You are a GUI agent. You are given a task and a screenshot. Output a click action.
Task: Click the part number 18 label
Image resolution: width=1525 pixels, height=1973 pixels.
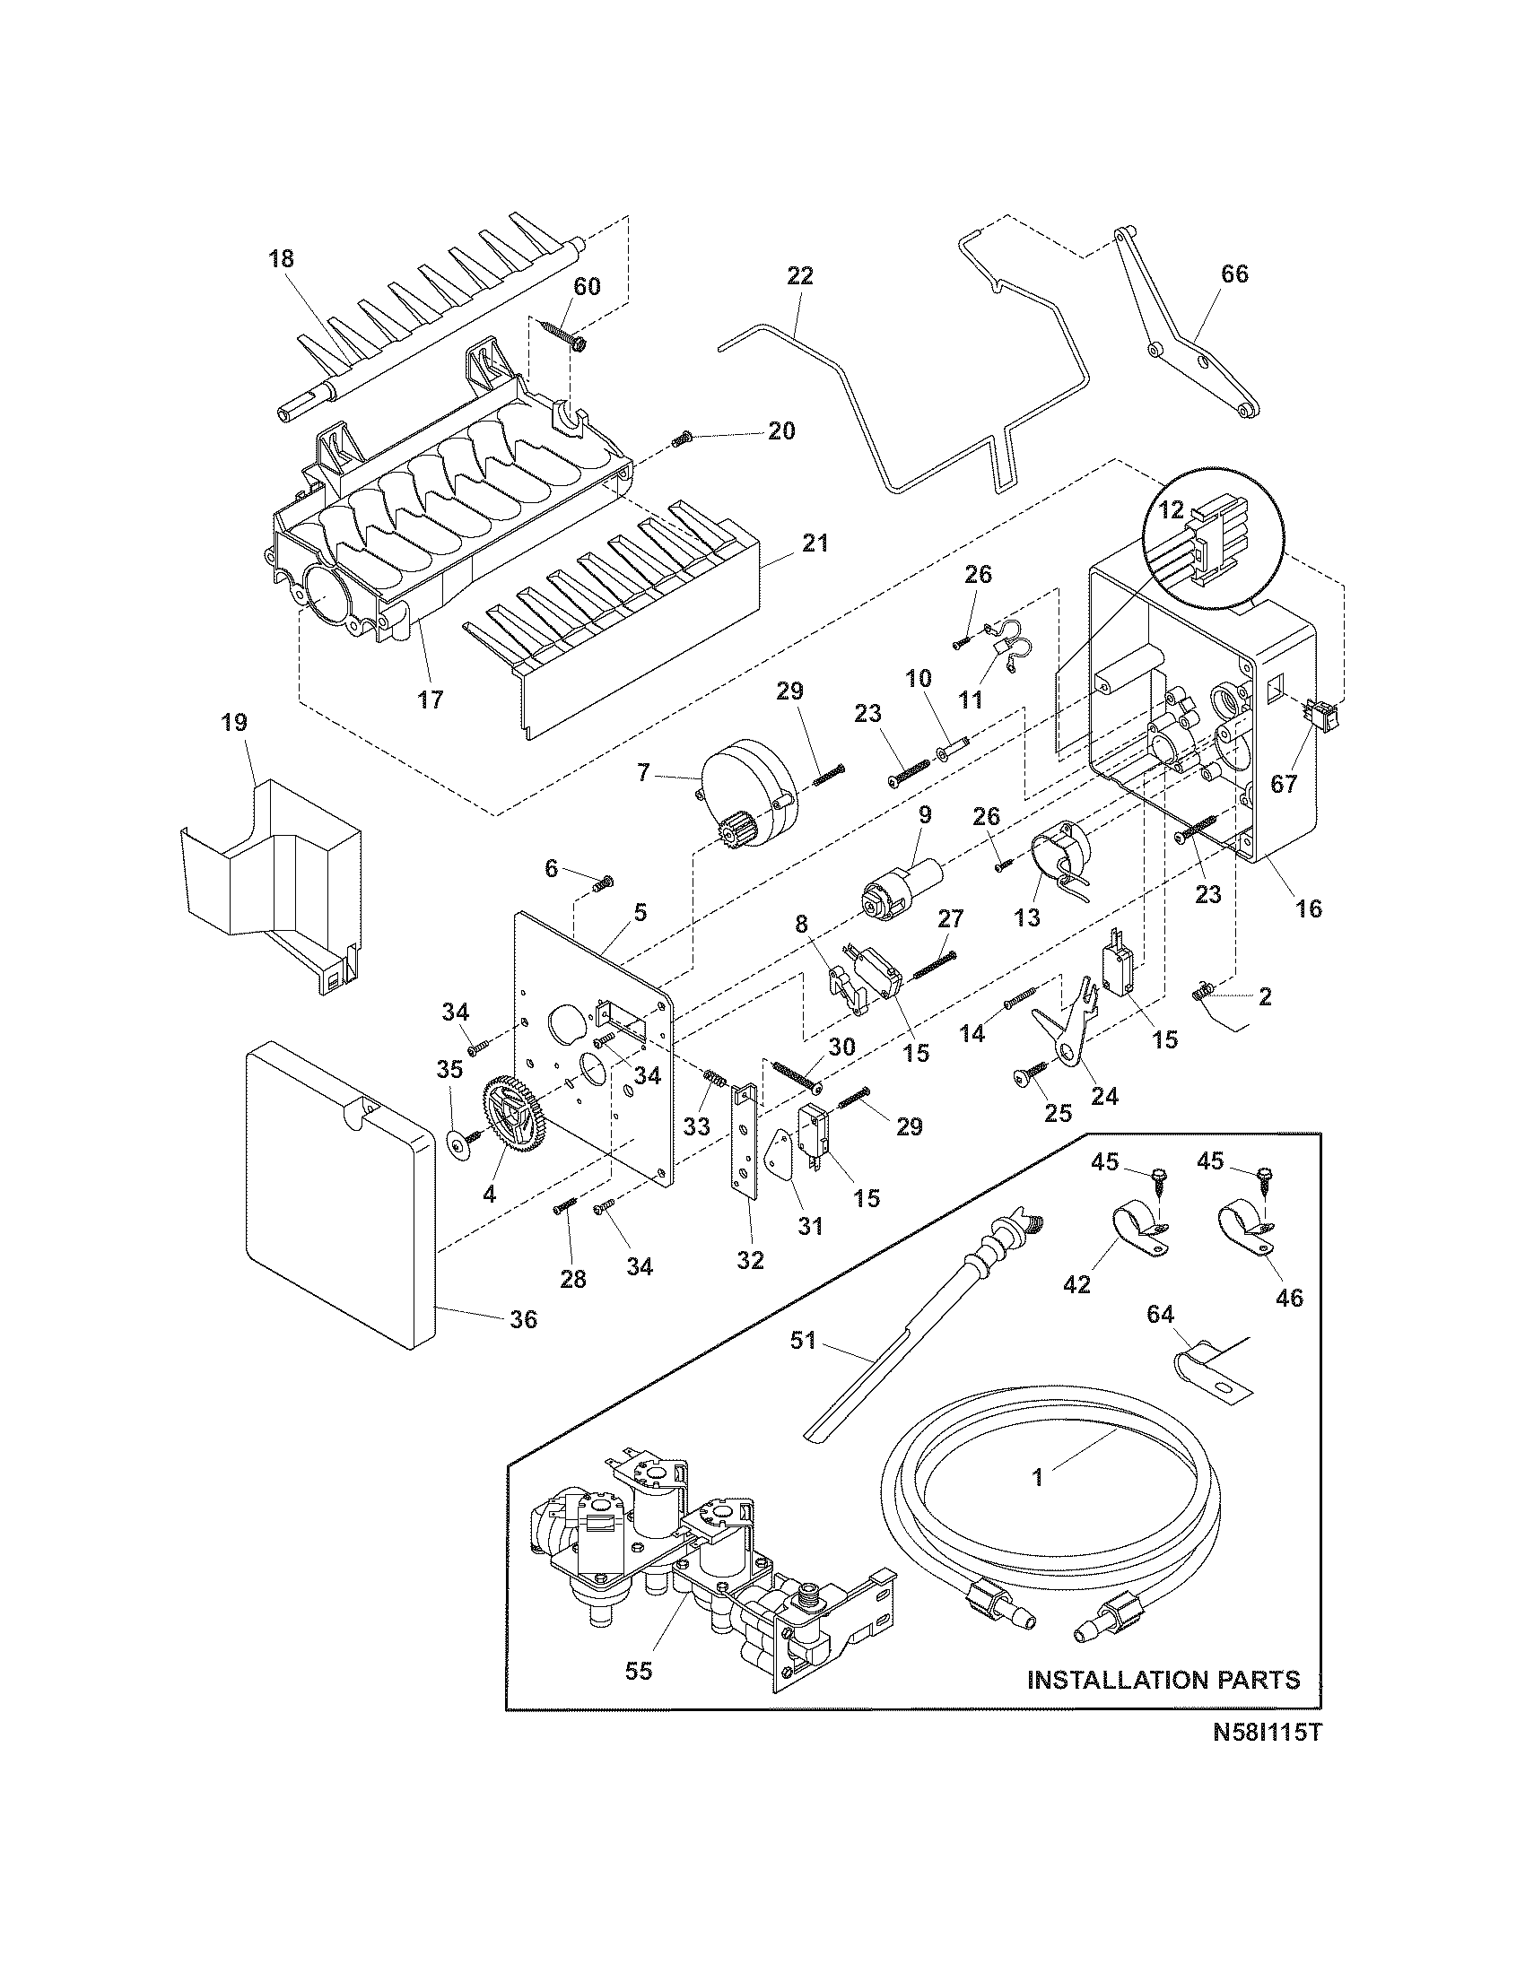[281, 259]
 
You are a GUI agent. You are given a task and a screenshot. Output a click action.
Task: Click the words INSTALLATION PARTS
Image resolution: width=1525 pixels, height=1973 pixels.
[1163, 1680]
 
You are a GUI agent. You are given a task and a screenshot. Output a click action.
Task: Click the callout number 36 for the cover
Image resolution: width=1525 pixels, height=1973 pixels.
[523, 1320]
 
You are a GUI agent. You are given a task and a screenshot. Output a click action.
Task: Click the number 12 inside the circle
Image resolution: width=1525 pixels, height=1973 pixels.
[1171, 509]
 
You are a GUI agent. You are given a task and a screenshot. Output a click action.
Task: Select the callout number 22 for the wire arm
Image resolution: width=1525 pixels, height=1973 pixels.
[799, 275]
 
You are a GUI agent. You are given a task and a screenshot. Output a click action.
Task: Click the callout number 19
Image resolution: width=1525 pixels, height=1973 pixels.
[232, 722]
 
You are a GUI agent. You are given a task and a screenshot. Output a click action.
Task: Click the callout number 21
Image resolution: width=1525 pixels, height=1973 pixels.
[813, 543]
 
